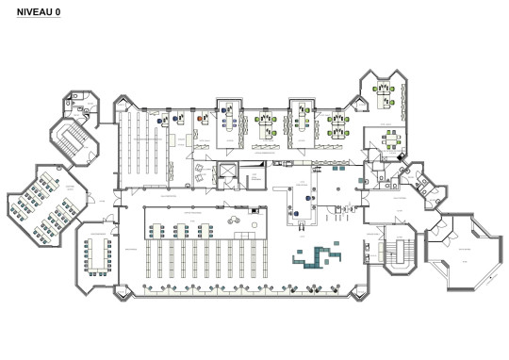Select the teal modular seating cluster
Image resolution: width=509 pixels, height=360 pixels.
(x=315, y=255)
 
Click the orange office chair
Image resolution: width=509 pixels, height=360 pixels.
(x=201, y=120)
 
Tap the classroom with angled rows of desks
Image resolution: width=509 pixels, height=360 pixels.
(x=40, y=204)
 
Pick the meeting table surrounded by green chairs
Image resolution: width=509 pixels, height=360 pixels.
(x=389, y=139)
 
